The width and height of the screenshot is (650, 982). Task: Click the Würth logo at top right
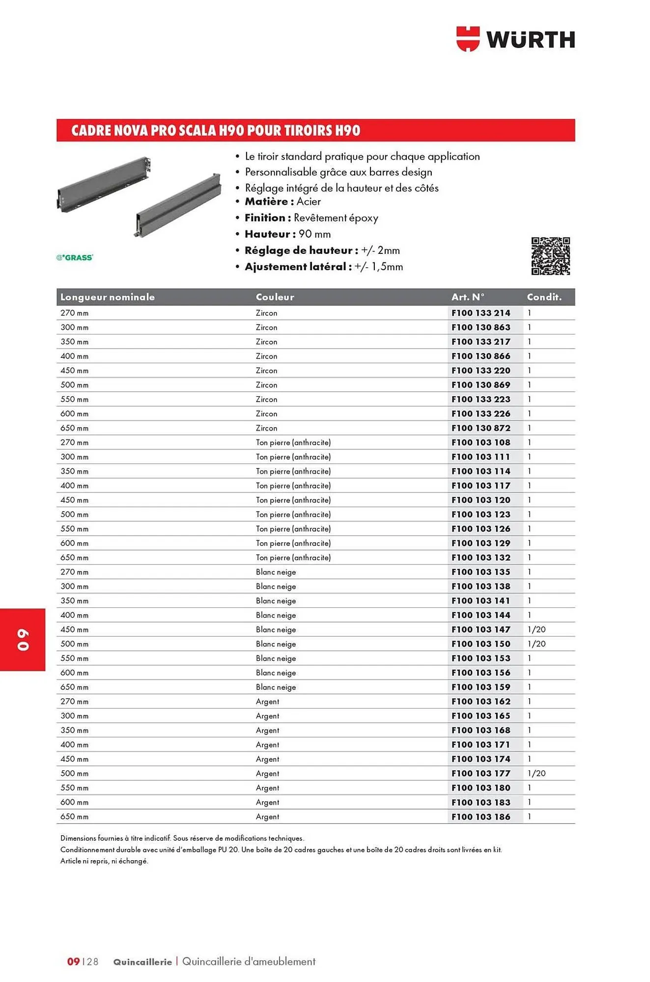pos(515,39)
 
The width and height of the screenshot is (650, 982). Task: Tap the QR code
pos(550,256)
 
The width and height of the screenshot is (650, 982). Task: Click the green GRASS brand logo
pos(75,257)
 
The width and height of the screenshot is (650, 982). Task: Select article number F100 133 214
pos(480,313)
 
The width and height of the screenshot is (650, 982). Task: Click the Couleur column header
pos(275,297)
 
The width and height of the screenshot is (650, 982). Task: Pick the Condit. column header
pos(544,297)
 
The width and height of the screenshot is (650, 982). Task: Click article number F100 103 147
pos(480,629)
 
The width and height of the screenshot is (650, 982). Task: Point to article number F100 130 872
pos(480,428)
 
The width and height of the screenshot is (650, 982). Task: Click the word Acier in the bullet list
pos(309,201)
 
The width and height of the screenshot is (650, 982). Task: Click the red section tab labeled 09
pos(23,639)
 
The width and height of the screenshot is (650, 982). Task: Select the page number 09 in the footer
pos(73,961)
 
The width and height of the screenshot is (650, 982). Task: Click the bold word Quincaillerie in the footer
pos(142,962)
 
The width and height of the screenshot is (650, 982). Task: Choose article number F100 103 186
pos(480,817)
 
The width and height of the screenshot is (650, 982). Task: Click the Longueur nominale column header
pos(107,297)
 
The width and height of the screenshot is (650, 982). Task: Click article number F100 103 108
pos(480,442)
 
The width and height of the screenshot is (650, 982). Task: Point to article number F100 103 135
pos(480,572)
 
